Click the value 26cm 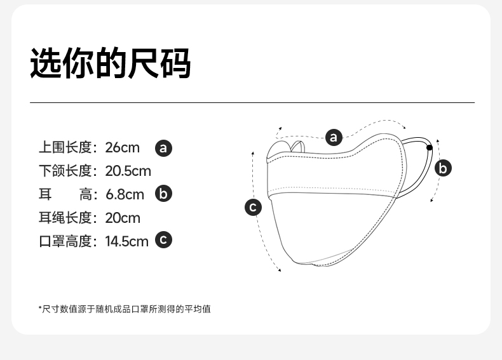click(x=122, y=148)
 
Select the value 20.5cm click(x=128, y=171)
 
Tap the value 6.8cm click(x=125, y=194)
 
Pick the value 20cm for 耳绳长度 click(x=122, y=218)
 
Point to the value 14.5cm click(x=126, y=241)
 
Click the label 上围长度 click(x=65, y=148)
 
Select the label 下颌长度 click(x=65, y=171)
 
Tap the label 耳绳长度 click(x=65, y=218)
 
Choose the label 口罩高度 click(x=65, y=241)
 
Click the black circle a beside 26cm click(x=164, y=148)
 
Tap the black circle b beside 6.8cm click(x=164, y=194)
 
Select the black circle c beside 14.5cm click(x=164, y=240)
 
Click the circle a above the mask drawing click(x=334, y=137)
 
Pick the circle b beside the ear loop click(x=444, y=168)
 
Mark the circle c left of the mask click(x=254, y=207)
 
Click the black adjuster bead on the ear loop click(x=430, y=148)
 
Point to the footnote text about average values click(x=125, y=309)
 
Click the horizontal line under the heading click(x=252, y=102)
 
